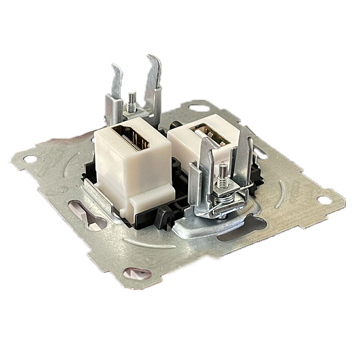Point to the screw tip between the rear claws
[x=132, y=95]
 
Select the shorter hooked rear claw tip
[x=116, y=70]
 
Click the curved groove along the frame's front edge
[x=148, y=245]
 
